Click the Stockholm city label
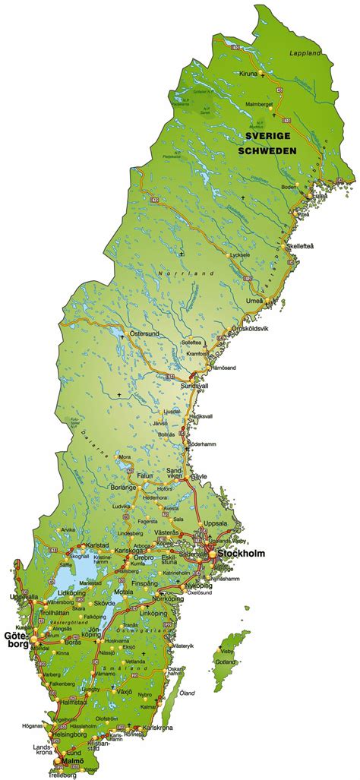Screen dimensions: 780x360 pos(241,554)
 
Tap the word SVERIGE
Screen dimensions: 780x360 pos(267,135)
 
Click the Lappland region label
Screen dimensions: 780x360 pos(305,53)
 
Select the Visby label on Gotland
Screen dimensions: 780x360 pos(311,652)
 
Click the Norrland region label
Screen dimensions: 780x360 pos(176,273)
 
